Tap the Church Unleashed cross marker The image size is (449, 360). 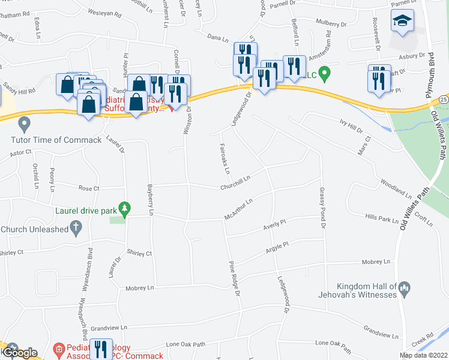(x=76, y=227)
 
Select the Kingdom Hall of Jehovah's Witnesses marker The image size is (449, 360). (x=405, y=289)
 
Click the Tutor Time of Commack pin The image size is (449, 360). (x=25, y=125)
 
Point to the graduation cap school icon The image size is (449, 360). (x=400, y=22)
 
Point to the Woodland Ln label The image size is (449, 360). (x=395, y=188)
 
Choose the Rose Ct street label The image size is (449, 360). (x=88, y=188)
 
